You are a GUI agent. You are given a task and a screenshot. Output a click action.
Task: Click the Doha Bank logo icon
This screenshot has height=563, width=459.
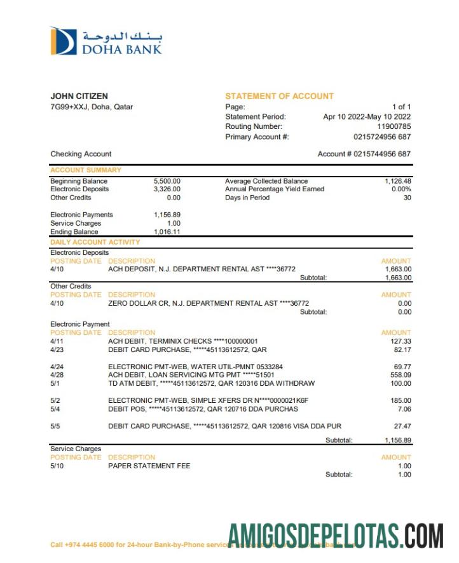(64, 41)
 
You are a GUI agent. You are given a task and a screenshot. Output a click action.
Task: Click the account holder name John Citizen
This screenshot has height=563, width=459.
(79, 96)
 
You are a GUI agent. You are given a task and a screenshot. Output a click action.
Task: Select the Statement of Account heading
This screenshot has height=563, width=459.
(279, 96)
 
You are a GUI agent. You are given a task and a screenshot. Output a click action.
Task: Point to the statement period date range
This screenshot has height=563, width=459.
(367, 117)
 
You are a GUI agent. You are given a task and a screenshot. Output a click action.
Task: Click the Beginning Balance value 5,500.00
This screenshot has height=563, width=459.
(167, 181)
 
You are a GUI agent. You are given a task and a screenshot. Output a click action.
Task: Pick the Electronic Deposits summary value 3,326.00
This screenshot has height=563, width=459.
(167, 189)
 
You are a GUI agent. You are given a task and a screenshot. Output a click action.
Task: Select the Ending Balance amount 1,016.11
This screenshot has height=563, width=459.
(167, 232)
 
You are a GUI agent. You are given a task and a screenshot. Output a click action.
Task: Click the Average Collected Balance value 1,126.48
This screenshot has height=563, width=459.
(398, 181)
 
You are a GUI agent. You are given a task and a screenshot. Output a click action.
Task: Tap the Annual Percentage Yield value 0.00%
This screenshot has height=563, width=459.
(401, 189)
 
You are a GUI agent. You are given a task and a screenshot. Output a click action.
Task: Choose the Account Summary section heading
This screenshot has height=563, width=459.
(86, 170)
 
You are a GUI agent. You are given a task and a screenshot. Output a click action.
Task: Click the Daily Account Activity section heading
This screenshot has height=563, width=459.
(95, 242)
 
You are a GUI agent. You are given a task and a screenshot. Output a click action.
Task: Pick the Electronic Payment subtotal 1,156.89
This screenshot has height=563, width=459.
(398, 440)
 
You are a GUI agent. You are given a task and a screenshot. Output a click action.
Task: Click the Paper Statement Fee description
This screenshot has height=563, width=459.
(149, 466)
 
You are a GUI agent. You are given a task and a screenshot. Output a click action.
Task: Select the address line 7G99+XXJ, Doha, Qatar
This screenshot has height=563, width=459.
(92, 107)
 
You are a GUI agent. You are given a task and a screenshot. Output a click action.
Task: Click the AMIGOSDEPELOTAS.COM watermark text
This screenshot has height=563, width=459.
(336, 535)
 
